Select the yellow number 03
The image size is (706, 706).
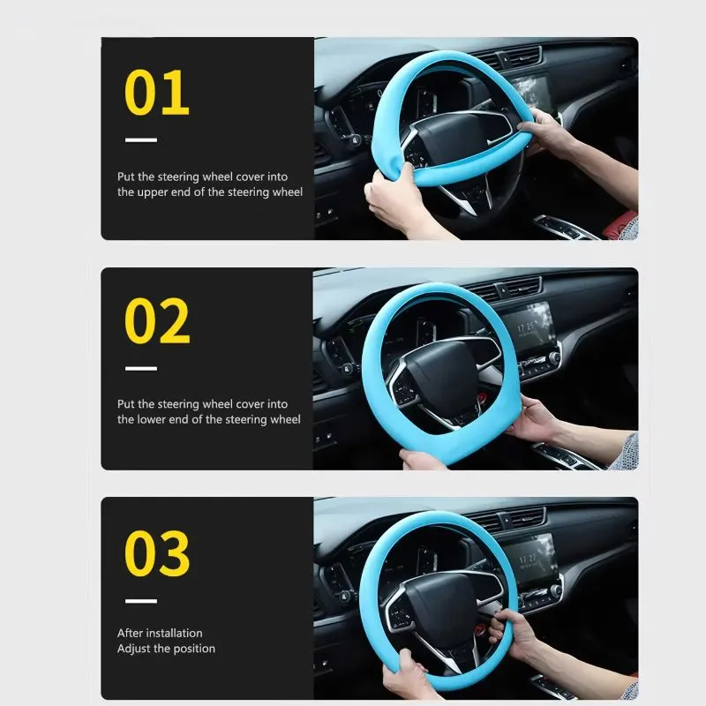pyautogui.click(x=157, y=552)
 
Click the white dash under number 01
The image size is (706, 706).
pyautogui.click(x=141, y=140)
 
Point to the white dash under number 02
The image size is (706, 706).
pyautogui.click(x=141, y=369)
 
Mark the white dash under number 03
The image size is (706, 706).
pyautogui.click(x=141, y=601)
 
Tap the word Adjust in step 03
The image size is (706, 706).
pyautogui.click(x=134, y=649)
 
